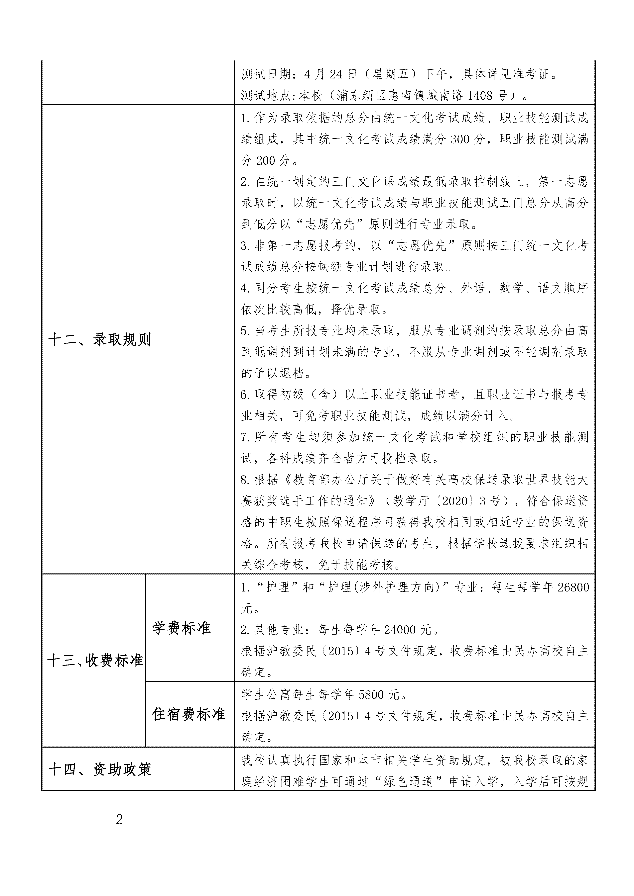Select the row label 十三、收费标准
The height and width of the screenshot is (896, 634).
point(95,660)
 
